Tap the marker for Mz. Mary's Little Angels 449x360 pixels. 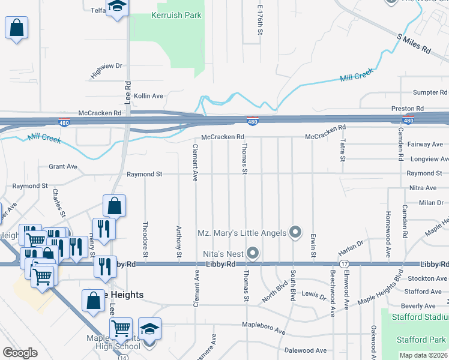295,232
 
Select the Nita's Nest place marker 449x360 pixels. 253,254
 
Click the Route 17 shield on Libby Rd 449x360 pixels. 344,264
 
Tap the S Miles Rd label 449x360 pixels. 414,44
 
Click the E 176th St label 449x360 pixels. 260,20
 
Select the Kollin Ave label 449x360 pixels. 148,96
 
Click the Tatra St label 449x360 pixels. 343,150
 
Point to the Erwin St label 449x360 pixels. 313,246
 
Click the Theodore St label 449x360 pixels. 145,236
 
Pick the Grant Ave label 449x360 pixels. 63,166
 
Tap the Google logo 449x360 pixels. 20,353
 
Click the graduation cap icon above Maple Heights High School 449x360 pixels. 149,328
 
